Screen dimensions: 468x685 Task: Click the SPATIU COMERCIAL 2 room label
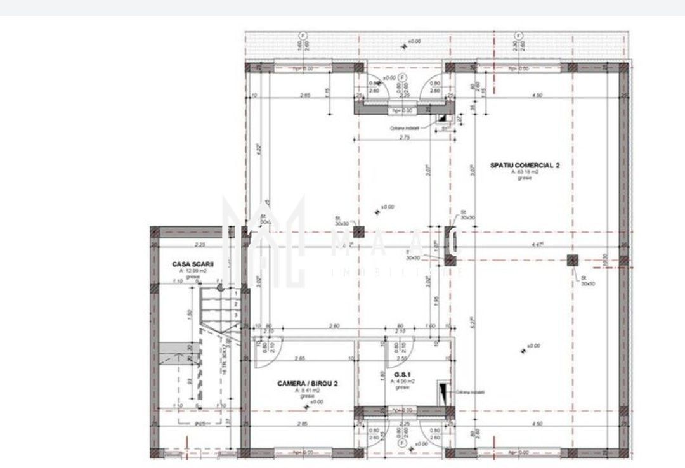(x=524, y=165)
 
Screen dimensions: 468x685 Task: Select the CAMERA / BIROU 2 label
(x=303, y=384)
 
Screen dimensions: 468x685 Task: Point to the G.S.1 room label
(x=400, y=375)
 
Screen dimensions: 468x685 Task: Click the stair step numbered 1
(x=235, y=294)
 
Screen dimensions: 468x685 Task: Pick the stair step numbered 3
(x=235, y=315)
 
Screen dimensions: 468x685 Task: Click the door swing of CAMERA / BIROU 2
(x=261, y=358)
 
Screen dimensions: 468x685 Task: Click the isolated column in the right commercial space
(x=573, y=259)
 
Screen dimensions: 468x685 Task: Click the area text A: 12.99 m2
(x=193, y=270)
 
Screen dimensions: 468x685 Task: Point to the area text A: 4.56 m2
(x=402, y=382)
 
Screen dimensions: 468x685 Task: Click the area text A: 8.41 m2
(x=308, y=391)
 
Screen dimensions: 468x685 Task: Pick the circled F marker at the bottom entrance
(x=400, y=443)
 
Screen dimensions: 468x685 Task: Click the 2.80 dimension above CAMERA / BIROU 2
(x=334, y=326)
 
